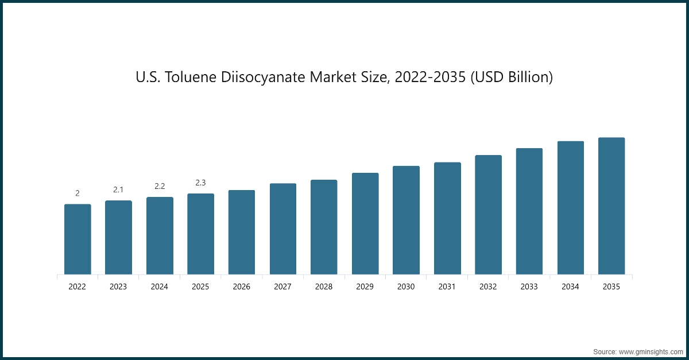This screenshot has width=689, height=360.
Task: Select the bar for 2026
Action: tap(242, 232)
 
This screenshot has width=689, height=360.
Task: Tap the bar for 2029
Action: tap(365, 223)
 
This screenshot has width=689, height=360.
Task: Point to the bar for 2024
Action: tap(160, 235)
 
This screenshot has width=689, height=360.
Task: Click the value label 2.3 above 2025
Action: tap(200, 183)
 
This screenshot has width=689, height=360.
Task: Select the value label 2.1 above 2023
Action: tap(118, 189)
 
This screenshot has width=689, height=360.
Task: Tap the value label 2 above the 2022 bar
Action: tap(78, 193)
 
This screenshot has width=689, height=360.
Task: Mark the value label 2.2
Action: tap(160, 186)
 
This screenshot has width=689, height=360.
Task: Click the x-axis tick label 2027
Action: tap(282, 287)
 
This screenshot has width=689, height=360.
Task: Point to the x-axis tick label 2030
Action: tap(406, 287)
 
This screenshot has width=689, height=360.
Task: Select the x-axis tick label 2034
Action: tap(570, 287)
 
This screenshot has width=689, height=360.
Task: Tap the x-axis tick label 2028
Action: tap(324, 287)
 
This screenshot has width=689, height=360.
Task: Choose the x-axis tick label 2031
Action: tap(447, 287)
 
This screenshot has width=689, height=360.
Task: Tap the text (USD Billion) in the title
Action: tap(511, 77)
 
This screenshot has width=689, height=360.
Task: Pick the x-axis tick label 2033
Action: tap(529, 287)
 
